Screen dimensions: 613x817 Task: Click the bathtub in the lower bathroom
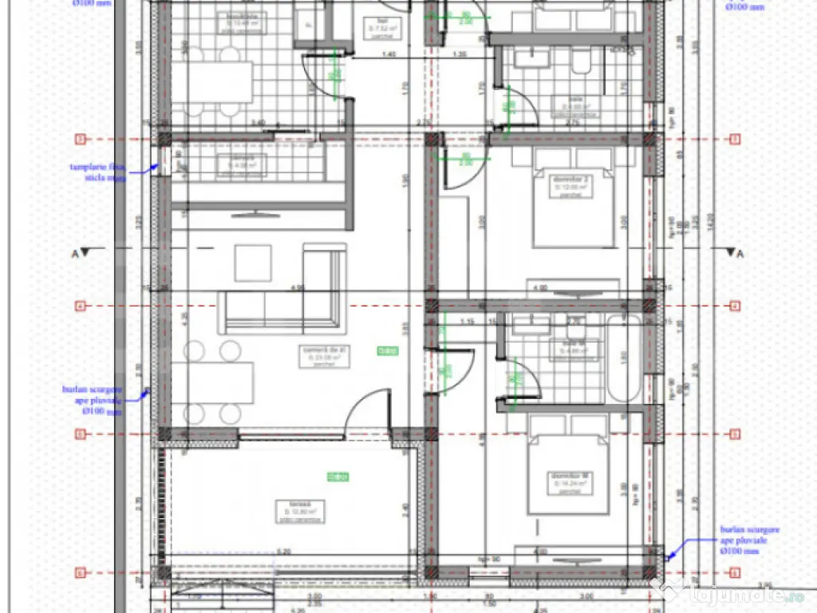tap(624, 359)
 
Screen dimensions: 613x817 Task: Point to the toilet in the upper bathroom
tap(580, 60)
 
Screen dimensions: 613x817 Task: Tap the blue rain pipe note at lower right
tap(748, 540)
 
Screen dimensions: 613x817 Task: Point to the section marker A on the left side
tap(81, 253)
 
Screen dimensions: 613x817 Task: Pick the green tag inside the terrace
tap(338, 477)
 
